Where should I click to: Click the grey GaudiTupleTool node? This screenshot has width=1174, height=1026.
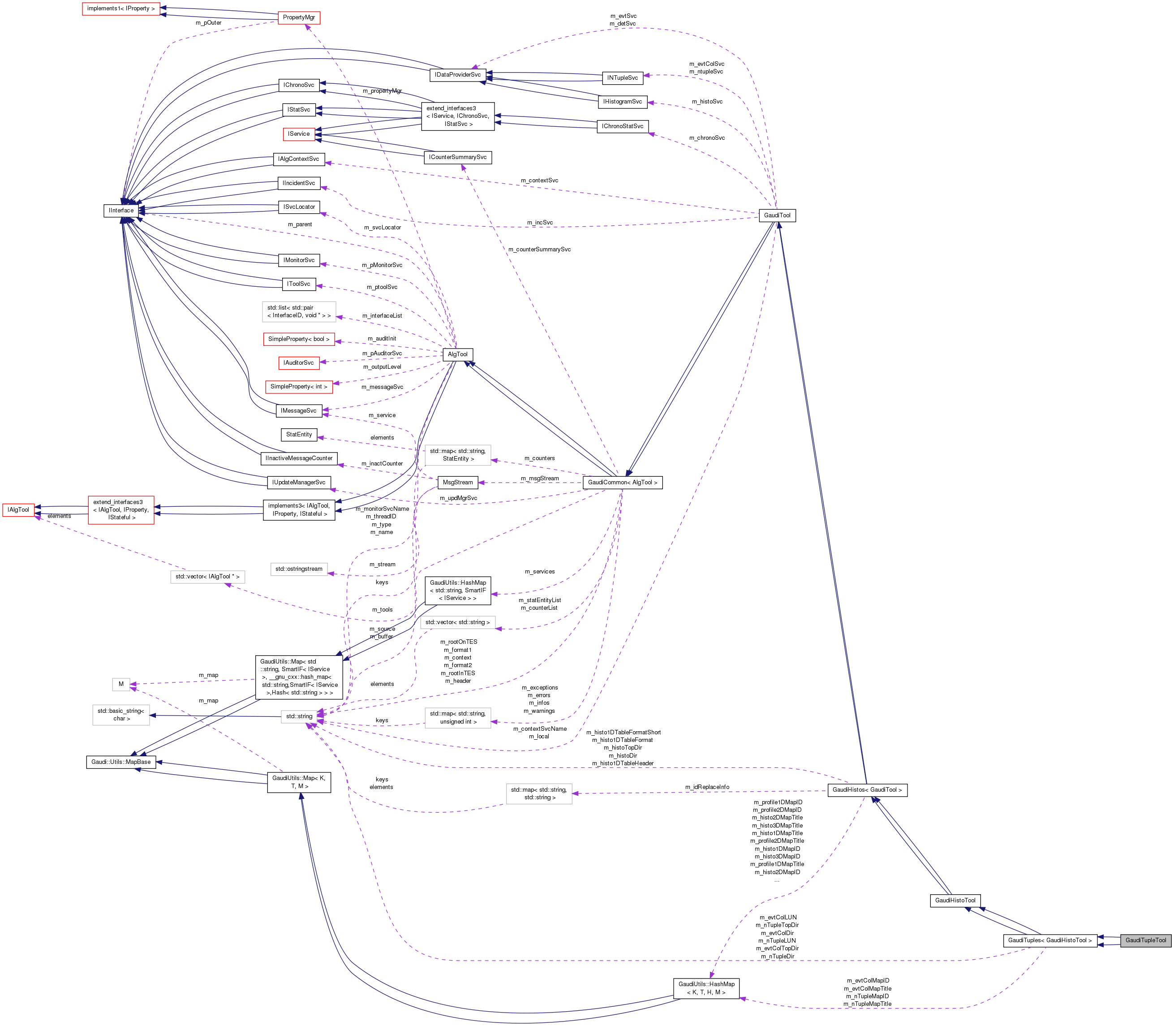pos(1145,940)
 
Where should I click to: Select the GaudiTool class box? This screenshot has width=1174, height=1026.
pos(777,215)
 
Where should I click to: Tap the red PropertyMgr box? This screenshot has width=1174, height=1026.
pos(298,18)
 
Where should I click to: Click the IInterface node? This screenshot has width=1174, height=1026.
pos(121,211)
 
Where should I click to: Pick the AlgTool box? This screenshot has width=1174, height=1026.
pos(457,354)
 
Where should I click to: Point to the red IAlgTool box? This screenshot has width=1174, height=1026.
pos(18,509)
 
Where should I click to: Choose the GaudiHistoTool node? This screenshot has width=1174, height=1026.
pos(955,901)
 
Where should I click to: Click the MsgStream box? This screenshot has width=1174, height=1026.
pos(457,483)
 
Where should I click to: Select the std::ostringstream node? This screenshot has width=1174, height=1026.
pos(299,569)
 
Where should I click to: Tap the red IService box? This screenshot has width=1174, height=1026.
pos(299,134)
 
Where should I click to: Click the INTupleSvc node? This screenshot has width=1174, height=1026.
pos(622,78)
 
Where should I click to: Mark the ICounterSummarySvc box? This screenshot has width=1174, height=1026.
pos(457,157)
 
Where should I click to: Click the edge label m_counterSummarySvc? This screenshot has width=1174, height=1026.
pos(539,250)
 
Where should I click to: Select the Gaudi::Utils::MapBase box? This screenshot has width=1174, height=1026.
pos(121,762)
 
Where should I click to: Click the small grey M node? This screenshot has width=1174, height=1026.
pos(121,684)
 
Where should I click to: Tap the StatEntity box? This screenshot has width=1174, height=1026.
pos(299,435)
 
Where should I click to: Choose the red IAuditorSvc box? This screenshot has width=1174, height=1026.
pos(299,363)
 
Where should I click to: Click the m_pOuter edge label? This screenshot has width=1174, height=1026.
pos(208,23)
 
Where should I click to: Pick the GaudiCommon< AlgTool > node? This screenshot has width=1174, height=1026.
pos(622,483)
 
